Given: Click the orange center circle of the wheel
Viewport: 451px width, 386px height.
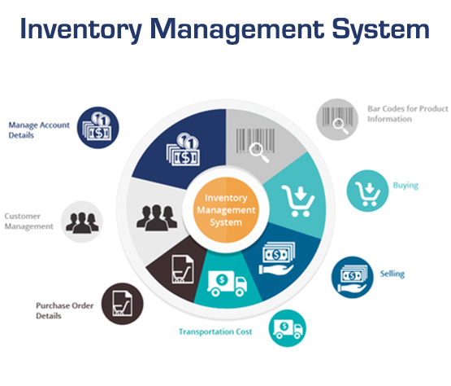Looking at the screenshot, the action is point(226,210).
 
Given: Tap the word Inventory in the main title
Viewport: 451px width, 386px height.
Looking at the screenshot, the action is point(81,29).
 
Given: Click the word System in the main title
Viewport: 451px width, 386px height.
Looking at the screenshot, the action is point(380,29).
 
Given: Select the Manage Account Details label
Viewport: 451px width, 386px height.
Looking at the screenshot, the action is point(39,130).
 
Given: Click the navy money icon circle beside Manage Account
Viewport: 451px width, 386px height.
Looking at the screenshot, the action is point(98,128).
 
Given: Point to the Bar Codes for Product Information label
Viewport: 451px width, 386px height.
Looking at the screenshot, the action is point(407,113).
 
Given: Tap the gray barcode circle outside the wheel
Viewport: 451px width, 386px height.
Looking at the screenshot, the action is point(337,120).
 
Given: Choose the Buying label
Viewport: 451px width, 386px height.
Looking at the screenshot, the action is point(405,186).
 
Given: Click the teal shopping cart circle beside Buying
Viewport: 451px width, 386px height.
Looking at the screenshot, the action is point(367,191).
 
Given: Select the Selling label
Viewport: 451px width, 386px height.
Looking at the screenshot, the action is point(392,274).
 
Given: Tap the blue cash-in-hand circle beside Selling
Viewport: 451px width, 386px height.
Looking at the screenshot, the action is point(353,278).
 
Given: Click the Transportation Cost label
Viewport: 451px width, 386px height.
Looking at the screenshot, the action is point(215,331).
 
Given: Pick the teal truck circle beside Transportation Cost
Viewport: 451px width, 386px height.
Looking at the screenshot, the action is point(288,328).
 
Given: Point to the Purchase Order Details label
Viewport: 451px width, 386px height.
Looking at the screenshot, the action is point(65,310).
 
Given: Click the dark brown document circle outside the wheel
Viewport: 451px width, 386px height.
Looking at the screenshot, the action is point(122,304).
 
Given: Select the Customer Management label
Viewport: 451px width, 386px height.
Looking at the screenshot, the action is point(28,222).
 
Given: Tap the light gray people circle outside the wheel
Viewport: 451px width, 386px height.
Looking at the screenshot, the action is point(82,222).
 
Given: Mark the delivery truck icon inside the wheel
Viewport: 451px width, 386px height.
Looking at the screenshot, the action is point(227,283).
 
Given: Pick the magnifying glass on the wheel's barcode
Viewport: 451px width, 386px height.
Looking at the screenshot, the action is point(259,153).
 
